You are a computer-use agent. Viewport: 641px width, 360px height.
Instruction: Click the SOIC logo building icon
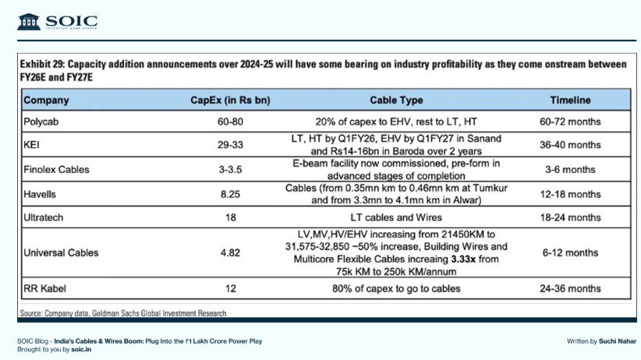pos(28,20)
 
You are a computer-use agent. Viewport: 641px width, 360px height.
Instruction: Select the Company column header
pos(46,101)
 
